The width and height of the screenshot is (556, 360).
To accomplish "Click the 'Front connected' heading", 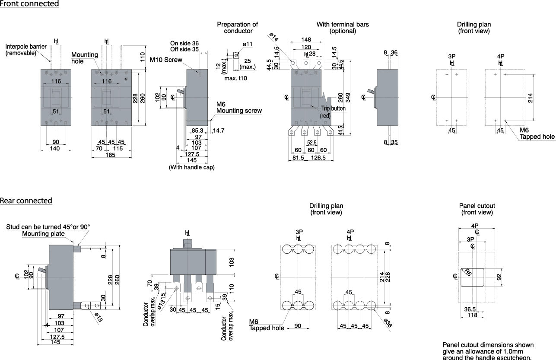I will (x=29, y=4).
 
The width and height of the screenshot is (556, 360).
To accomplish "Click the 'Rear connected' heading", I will (x=26, y=201).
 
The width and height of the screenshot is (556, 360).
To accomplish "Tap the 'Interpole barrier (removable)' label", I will (x=26, y=50).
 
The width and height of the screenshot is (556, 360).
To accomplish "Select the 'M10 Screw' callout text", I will (x=166, y=60).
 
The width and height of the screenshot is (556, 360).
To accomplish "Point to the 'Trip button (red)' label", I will (x=333, y=112).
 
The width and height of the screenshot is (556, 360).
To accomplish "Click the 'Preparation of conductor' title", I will (x=237, y=28).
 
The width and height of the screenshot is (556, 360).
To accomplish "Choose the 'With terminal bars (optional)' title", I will (x=343, y=28).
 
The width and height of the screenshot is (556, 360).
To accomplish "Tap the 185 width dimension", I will (x=110, y=155).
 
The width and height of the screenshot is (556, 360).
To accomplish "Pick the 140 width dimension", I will (x=55, y=149).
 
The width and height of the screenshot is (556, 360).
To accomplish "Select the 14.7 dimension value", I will (x=219, y=131).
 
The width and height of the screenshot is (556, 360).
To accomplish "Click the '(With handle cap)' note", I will (x=191, y=167).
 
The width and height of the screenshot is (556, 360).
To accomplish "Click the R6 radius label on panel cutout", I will (x=467, y=272).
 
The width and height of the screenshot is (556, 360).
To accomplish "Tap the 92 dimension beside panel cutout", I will (x=499, y=277).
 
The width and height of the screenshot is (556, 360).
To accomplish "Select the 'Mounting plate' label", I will (x=43, y=234).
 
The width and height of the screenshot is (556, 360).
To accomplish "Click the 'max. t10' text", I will (x=236, y=78).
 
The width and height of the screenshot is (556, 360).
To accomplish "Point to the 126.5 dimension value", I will (x=319, y=158).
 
